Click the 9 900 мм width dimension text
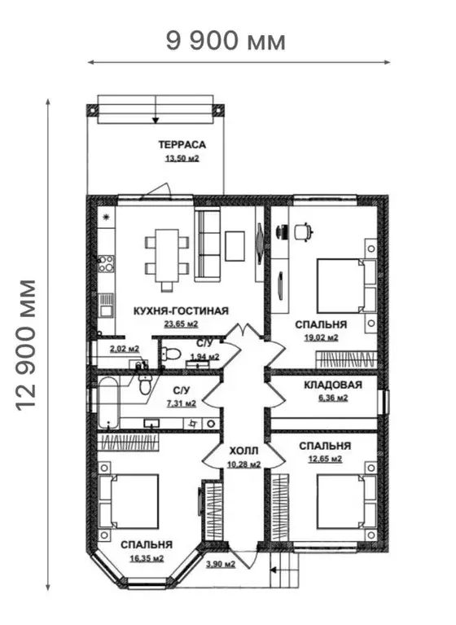coord(226,41)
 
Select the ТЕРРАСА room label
coord(182,145)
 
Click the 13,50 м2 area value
coord(182,159)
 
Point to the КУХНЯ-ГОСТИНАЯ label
coord(181,311)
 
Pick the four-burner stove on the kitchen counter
coord(106,263)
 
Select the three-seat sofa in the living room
coord(208,245)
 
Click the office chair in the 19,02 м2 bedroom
coord(304,232)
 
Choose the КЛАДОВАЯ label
coord(333,385)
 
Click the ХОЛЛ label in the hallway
coord(243,451)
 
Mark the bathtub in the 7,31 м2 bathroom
coord(108,403)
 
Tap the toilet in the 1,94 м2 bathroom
coord(172,354)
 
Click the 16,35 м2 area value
coord(147,558)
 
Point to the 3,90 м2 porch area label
coord(220,565)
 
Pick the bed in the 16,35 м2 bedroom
coord(129,501)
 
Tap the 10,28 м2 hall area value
coord(243,464)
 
